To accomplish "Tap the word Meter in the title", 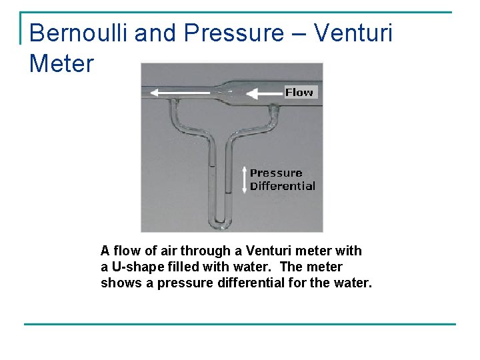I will click(x=62, y=65).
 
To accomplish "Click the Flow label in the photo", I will click(x=299, y=93).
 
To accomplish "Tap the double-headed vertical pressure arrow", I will click(x=244, y=179).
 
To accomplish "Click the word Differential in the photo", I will click(x=283, y=186).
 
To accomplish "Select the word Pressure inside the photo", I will click(x=276, y=173).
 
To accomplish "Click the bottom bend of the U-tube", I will click(x=220, y=225).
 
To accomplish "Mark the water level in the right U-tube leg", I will click(x=228, y=194).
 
